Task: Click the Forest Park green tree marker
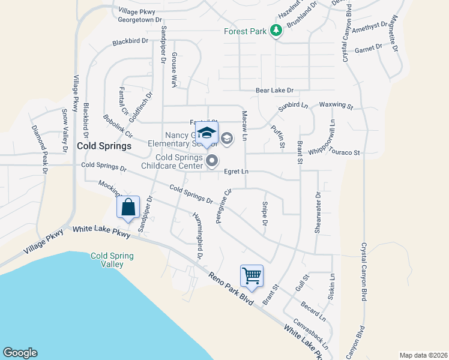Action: [x=276, y=31]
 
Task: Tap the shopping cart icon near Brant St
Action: [x=252, y=276]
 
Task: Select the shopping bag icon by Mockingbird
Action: [x=128, y=208]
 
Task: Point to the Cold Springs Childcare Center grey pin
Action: [x=212, y=160]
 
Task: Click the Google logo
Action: [x=20, y=353]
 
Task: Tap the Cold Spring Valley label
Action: [x=112, y=260]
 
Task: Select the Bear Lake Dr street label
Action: [x=274, y=91]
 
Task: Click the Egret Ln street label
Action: [x=236, y=172]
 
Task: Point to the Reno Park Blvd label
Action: [x=231, y=290]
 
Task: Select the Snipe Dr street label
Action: [x=264, y=214]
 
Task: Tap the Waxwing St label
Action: [x=336, y=105]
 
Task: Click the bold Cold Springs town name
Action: [x=104, y=146]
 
